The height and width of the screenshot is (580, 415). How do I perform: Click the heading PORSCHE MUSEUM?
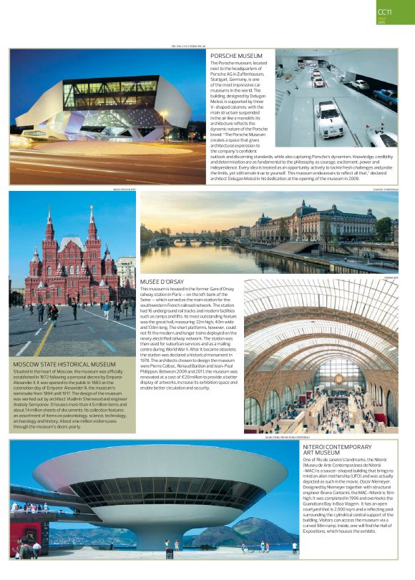236,56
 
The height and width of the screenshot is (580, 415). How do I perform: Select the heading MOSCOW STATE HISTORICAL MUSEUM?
64,364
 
